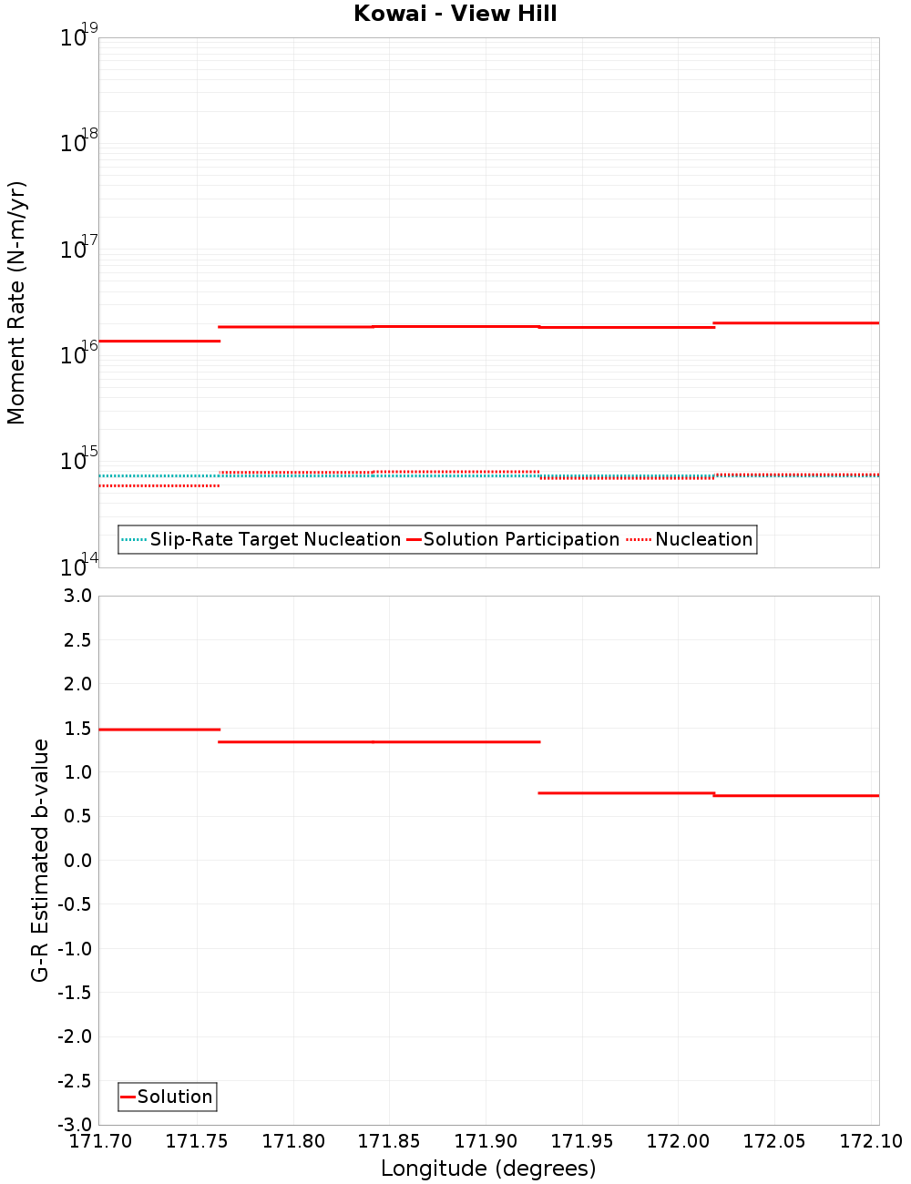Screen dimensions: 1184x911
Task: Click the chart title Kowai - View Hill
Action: (x=455, y=14)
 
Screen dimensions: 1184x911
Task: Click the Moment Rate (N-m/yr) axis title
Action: (x=16, y=302)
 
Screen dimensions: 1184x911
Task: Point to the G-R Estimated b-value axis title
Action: (x=40, y=860)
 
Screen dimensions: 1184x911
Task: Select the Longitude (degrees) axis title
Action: (x=488, y=1169)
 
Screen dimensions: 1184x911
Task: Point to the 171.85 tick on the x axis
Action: (x=389, y=1141)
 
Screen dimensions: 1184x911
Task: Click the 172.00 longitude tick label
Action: (x=677, y=1141)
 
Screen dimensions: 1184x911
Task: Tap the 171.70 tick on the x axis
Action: (x=100, y=1141)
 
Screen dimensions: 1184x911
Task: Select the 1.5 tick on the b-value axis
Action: (x=77, y=729)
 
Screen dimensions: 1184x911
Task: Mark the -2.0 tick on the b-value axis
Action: (x=75, y=1036)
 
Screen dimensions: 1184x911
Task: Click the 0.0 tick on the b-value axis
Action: (x=77, y=861)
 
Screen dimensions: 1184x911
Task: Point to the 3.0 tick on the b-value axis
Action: (x=77, y=597)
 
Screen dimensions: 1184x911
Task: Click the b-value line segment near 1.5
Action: (x=159, y=730)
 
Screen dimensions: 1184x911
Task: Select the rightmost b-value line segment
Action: (x=797, y=796)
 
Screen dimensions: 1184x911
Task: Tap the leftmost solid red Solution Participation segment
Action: (x=159, y=341)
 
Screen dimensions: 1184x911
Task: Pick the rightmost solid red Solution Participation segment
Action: (x=797, y=322)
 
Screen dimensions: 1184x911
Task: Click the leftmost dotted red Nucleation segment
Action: (x=159, y=485)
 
